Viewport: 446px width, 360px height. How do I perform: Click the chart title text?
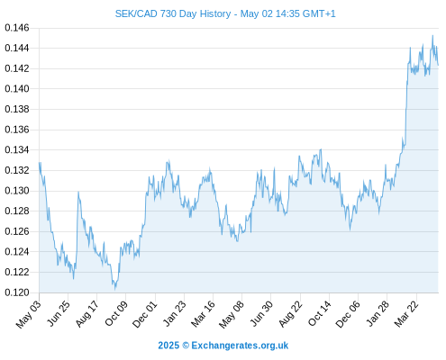point(225,13)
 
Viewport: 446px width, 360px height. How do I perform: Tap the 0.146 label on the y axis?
point(17,28)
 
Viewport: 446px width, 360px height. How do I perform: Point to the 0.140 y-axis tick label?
point(17,89)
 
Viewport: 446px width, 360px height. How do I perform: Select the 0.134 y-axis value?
point(17,149)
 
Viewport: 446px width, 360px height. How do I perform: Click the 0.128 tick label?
point(17,211)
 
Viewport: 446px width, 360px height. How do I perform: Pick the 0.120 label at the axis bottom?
point(17,292)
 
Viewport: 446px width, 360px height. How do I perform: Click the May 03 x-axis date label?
point(29,314)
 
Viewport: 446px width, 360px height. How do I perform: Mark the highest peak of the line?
point(432,35)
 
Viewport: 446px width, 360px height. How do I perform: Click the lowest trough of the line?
point(114,290)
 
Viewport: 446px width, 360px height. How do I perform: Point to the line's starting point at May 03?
point(40,163)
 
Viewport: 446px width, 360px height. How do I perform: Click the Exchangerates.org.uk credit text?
point(240,346)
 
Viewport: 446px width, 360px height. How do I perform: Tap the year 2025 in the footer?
point(168,346)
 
